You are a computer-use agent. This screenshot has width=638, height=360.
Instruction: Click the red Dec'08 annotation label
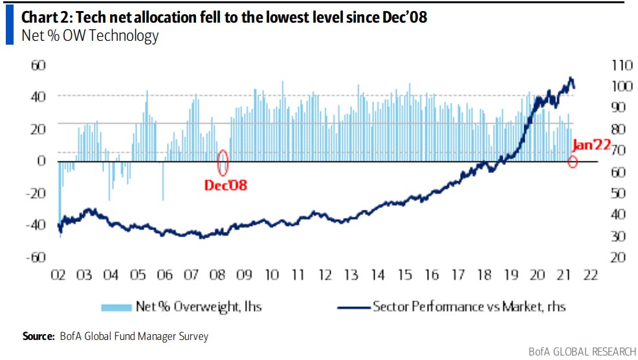click(226, 185)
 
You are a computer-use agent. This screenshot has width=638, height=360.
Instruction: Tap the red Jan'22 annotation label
click(591, 145)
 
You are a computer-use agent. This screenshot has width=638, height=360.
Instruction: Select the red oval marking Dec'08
click(223, 162)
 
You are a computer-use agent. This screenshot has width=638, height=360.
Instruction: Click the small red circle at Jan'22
click(572, 161)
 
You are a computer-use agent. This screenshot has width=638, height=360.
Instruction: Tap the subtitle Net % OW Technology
click(90, 36)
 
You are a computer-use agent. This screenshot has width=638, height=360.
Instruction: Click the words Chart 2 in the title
click(47, 17)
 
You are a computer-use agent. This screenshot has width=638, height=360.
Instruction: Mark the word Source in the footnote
click(38, 337)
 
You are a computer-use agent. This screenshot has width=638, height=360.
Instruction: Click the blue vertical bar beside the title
click(9, 27)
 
